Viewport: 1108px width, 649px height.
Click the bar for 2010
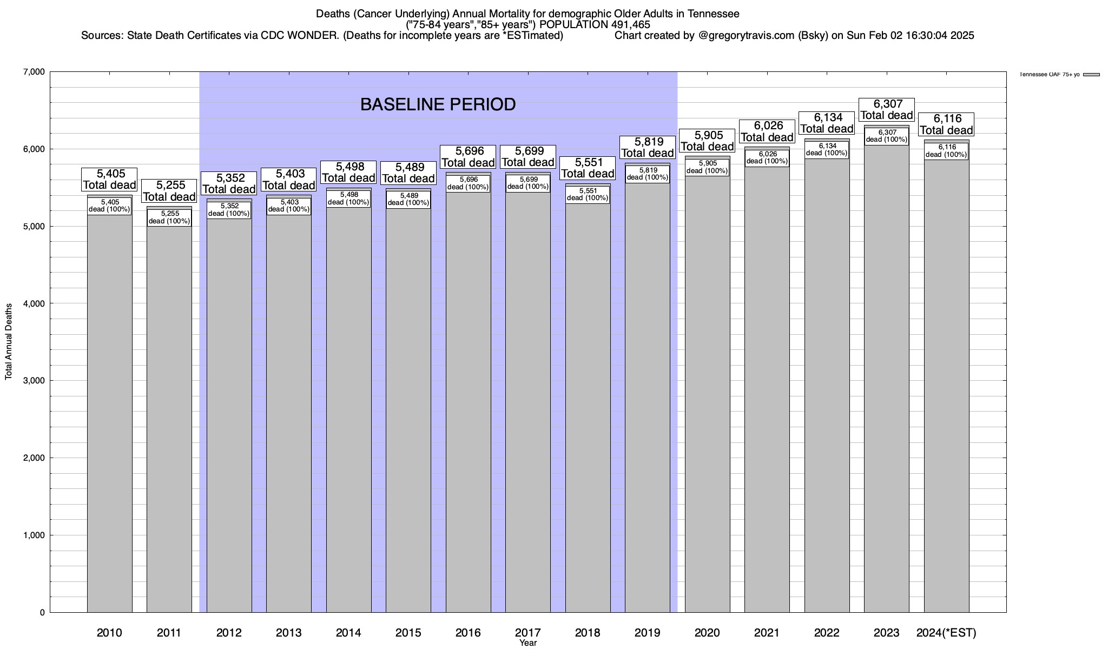110,411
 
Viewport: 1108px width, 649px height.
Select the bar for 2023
887,379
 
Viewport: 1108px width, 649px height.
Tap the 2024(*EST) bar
946,384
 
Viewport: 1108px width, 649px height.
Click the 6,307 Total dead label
887,110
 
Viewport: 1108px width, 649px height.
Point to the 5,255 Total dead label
169,191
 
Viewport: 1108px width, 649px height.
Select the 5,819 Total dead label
647,148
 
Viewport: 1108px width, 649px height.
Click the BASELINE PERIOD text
438,104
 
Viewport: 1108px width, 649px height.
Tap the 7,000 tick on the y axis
34,72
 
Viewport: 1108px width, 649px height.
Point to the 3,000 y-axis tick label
34,381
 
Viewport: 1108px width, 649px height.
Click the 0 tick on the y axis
42,613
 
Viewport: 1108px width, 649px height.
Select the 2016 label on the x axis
468,633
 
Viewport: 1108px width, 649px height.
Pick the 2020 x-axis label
707,633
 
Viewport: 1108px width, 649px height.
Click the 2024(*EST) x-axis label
946,633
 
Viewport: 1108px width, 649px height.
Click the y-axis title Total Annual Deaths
9,341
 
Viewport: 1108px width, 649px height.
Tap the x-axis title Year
528,643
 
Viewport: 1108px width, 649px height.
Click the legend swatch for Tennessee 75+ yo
1091,75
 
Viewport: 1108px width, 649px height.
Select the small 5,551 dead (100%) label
588,194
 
